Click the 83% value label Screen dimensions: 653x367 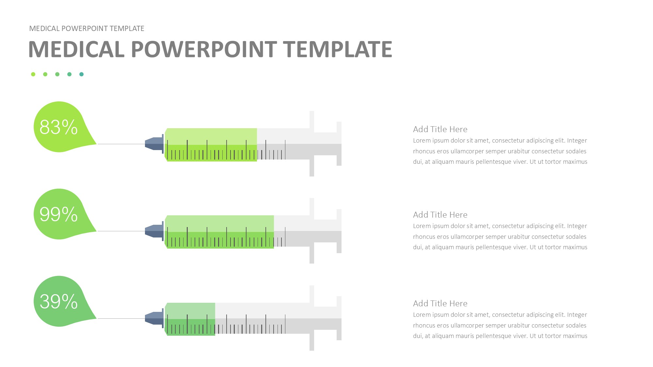(58, 127)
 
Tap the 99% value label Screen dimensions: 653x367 (58, 214)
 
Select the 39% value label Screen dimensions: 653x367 (58, 301)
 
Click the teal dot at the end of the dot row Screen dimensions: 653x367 (81, 74)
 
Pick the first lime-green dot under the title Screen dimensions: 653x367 (33, 74)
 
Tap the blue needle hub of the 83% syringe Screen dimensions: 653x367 (154, 144)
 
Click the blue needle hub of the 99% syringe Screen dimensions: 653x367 (154, 231)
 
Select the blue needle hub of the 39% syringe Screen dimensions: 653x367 (154, 318)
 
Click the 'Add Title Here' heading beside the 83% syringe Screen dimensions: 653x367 (440, 129)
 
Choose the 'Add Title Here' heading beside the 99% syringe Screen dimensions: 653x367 (440, 215)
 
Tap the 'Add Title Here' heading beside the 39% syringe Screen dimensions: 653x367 (440, 303)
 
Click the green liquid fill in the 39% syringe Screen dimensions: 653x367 (190, 319)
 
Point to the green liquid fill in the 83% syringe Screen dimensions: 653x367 (211, 145)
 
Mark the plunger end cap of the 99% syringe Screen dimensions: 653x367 (339, 231)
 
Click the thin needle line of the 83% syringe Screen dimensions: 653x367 (121, 144)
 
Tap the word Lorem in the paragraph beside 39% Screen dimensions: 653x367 (421, 315)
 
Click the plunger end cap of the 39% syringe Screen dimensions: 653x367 (339, 318)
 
